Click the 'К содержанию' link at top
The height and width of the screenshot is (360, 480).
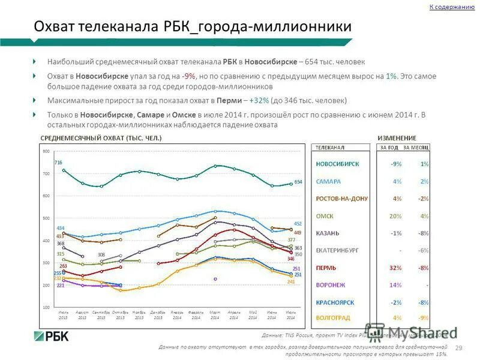coord(452,7)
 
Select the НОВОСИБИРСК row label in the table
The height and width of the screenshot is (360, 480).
coord(338,164)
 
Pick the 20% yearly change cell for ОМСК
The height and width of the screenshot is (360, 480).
coord(396,215)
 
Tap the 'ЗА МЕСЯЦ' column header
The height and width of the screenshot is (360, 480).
coord(416,147)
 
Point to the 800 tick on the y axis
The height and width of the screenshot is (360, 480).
coord(46,151)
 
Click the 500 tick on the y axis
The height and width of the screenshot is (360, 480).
coord(46,218)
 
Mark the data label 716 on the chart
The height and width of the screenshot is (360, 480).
coord(58,163)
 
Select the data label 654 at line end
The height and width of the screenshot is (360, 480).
coord(298,181)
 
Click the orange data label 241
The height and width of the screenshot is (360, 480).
coord(292,282)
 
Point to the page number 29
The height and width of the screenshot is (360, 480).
coord(459,349)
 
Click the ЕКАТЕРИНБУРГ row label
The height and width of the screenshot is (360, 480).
coord(340,250)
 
